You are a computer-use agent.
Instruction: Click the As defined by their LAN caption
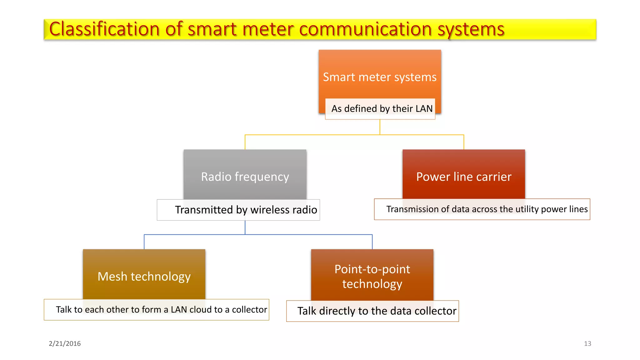click(x=382, y=109)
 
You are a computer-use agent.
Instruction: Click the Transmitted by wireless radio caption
click(x=246, y=210)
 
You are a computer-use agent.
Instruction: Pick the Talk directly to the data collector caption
click(x=377, y=311)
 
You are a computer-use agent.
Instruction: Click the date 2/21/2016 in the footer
click(x=65, y=343)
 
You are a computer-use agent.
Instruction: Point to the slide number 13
click(x=587, y=343)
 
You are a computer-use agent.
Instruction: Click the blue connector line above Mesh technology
click(x=144, y=242)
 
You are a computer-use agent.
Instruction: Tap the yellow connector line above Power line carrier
click(x=464, y=142)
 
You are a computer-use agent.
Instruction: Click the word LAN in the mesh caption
click(x=179, y=310)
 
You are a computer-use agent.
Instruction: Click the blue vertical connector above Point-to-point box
click(x=372, y=242)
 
